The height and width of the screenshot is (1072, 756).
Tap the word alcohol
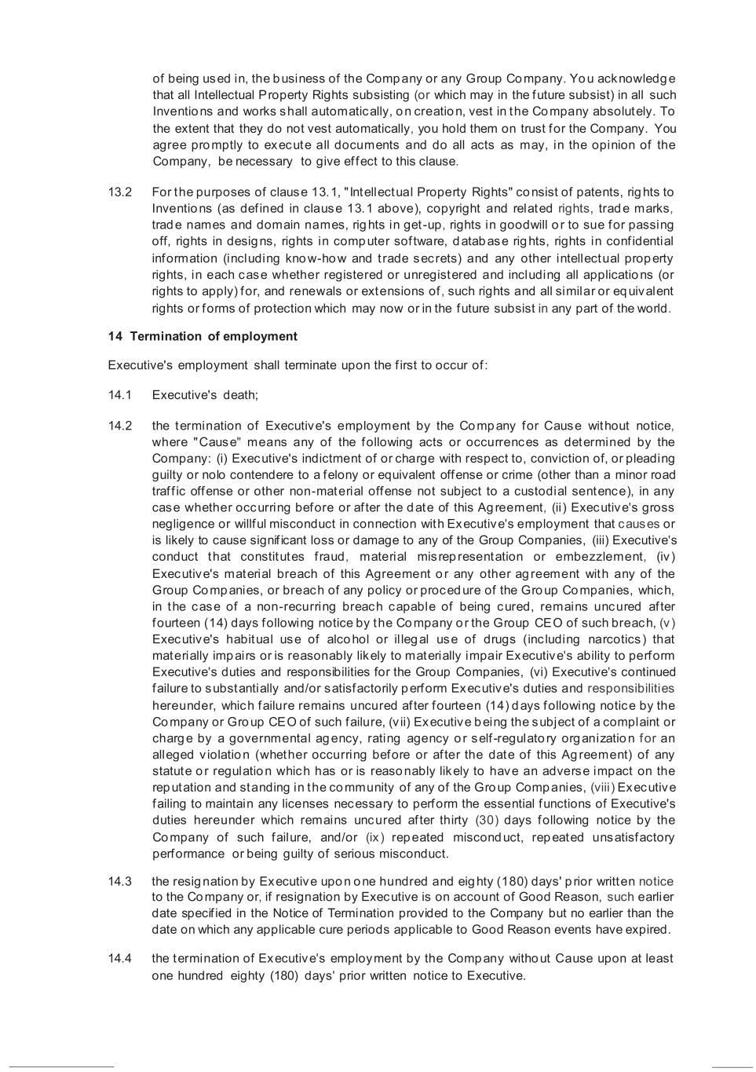[345, 639]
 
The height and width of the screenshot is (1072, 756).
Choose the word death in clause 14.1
[240, 395]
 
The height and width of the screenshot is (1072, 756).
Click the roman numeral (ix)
[376, 837]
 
